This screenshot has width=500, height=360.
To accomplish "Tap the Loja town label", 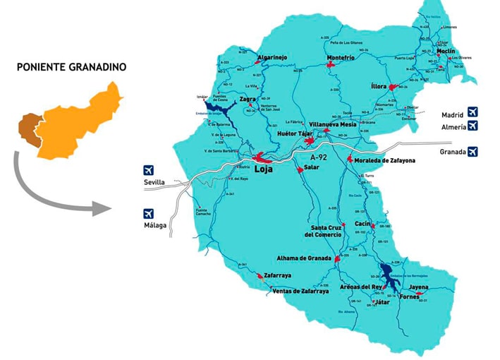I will point(263,169).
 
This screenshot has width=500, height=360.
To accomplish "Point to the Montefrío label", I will point(341,58).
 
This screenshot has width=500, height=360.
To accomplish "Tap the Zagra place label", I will point(248,100).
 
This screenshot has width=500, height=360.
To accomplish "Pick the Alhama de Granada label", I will point(304,258).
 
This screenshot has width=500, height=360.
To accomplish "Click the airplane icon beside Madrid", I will point(472,112).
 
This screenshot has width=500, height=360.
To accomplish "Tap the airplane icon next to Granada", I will point(472,151).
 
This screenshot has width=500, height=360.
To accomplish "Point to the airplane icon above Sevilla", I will point(148,169).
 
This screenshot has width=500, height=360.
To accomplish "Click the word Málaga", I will point(154,226).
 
